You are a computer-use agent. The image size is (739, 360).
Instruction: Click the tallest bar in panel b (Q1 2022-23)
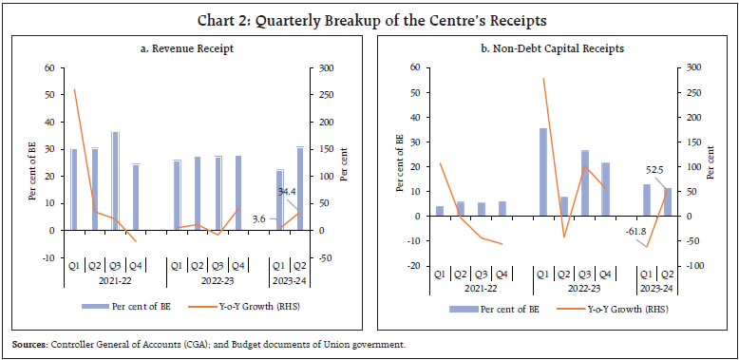coord(543,172)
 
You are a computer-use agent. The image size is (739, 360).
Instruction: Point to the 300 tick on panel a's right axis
coord(323,68)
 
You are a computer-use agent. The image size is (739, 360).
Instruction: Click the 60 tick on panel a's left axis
coord(47,68)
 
